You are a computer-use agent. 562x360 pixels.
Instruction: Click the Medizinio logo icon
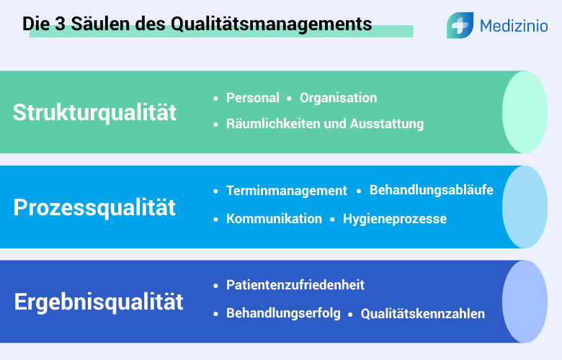tap(459, 25)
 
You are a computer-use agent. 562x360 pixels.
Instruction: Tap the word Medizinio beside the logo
tap(514, 27)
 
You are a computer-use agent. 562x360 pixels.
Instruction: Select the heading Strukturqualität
tap(94, 113)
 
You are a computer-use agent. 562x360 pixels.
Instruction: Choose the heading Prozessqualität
tap(94, 207)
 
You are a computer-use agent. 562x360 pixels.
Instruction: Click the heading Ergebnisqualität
tap(99, 301)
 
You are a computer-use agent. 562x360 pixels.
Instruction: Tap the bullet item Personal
tap(252, 98)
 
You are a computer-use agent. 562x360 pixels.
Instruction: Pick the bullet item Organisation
tap(338, 98)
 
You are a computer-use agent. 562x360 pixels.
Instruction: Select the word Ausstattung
tap(387, 124)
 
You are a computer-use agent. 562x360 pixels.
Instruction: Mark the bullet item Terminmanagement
tap(287, 191)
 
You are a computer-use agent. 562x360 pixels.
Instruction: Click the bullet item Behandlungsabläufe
tap(431, 190)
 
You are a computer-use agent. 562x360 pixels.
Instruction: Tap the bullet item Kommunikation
tap(274, 219)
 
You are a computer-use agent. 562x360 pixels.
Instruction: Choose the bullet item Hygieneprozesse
tap(394, 219)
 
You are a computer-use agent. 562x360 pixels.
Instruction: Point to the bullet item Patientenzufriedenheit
tap(295, 285)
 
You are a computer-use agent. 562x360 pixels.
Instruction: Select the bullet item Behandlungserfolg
tap(283, 313)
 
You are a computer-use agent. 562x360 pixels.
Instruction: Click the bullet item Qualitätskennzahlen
tap(422, 314)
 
